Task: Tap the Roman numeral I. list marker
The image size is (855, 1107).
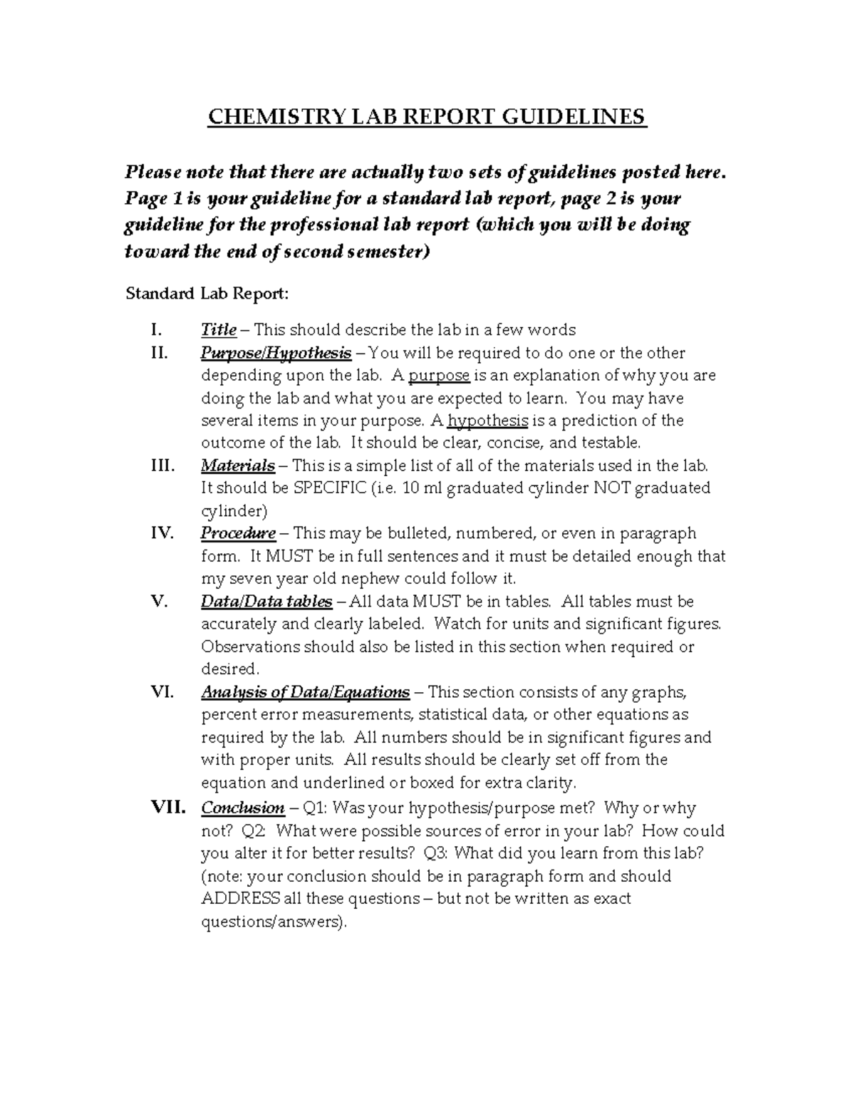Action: [x=157, y=330]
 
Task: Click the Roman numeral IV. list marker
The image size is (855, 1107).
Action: [x=162, y=533]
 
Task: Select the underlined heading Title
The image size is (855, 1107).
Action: [x=219, y=330]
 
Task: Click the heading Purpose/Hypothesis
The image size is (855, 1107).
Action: [x=276, y=353]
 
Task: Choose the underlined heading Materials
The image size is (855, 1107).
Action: [x=238, y=466]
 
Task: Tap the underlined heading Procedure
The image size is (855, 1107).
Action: [x=238, y=533]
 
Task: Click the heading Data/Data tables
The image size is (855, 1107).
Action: [x=266, y=602]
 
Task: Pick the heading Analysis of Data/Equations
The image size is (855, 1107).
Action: [x=305, y=692]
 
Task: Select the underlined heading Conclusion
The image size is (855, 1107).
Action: [x=243, y=808]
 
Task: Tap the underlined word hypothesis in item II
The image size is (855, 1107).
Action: [x=487, y=421]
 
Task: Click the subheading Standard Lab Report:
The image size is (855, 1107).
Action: [x=207, y=294]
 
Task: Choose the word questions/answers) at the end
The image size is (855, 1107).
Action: [x=274, y=922]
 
